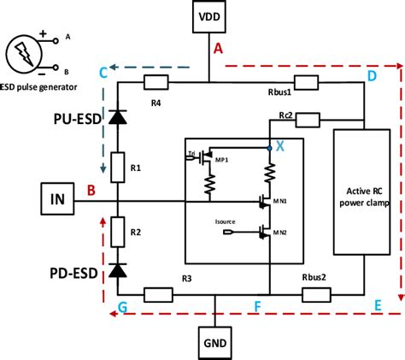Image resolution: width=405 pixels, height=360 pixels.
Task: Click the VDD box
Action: tap(209, 17)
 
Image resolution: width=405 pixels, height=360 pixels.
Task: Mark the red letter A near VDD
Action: tap(218, 50)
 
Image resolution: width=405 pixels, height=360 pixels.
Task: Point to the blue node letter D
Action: tap(372, 77)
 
